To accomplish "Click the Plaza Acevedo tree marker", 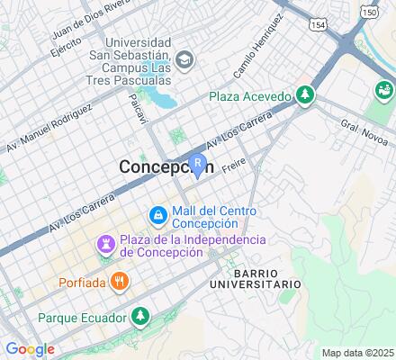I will pos(306,95).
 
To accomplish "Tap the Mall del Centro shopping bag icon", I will pos(157,216).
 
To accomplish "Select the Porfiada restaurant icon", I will pos(121,281).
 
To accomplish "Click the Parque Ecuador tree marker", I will pos(139,317).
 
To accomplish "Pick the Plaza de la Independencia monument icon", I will pos(106,245).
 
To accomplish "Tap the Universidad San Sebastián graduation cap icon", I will pos(184,60).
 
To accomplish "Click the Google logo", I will pos(30,349).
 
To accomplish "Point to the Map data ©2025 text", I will pos(358,353).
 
